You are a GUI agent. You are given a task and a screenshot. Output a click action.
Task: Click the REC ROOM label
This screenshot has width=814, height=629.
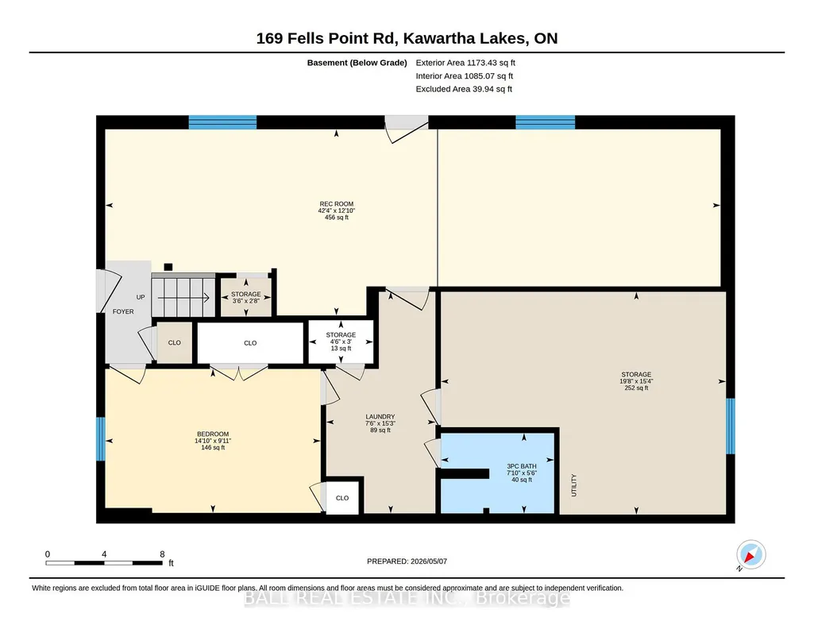click(x=337, y=204)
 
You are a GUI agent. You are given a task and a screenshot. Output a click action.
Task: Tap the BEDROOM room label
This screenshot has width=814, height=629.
click(x=213, y=434)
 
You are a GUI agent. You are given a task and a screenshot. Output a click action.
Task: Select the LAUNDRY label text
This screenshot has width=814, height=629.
click(x=380, y=416)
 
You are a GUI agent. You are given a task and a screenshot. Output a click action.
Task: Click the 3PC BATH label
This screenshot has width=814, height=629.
click(x=522, y=466)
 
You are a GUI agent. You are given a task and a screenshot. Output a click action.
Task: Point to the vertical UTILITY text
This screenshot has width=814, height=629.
click(x=574, y=485)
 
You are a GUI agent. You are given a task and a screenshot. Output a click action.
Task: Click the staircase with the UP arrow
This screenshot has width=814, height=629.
click(x=183, y=295)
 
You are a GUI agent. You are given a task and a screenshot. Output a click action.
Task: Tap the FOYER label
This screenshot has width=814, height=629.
click(x=123, y=311)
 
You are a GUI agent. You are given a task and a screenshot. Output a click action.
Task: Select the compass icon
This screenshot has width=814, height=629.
click(x=750, y=554)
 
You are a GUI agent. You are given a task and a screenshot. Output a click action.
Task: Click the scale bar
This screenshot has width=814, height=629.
click(x=104, y=563)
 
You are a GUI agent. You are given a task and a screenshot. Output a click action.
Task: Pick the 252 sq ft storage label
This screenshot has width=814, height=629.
click(x=636, y=381)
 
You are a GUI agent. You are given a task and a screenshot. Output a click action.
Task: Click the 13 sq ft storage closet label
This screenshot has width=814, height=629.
click(x=341, y=342)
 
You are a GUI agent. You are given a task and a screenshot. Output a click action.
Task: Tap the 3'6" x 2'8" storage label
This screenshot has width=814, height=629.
click(x=246, y=297)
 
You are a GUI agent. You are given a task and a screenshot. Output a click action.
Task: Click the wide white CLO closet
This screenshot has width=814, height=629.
click(x=250, y=343)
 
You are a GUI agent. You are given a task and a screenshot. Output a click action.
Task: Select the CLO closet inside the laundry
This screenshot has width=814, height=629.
click(x=342, y=498)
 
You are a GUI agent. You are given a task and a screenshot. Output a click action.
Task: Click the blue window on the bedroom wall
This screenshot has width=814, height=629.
click(x=101, y=439)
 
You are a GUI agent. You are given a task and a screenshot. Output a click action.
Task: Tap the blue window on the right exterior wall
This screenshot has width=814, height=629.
click(x=731, y=426)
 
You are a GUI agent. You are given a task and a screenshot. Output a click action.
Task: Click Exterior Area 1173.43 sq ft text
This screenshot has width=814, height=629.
click(x=465, y=63)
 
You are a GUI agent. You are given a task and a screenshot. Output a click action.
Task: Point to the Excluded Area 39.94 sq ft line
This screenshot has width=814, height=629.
click(x=464, y=89)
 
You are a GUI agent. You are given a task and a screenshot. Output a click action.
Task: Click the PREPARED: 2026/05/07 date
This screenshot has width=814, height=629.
click(x=407, y=561)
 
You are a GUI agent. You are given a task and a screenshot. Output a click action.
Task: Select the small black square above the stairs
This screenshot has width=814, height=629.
click(x=168, y=268)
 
